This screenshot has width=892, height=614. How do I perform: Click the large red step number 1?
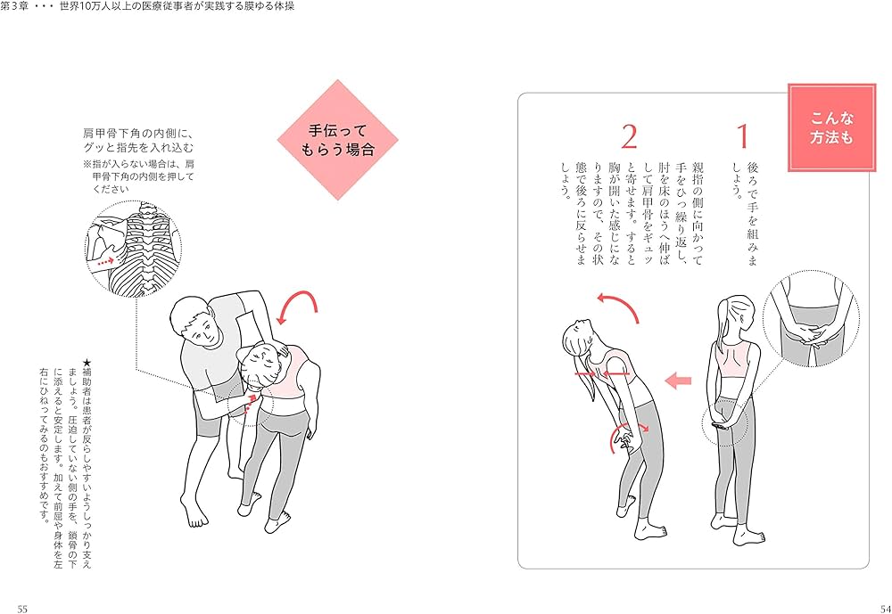coord(742,137)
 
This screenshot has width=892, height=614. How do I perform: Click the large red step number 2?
coord(629,137)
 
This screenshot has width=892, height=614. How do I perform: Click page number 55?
coord(22,608)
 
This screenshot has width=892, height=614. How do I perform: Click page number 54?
coord(871,608)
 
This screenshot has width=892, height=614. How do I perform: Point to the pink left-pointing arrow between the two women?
coord(679,381)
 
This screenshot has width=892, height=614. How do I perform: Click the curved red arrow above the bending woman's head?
coord(619,307)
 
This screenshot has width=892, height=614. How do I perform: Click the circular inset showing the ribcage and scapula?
coord(133,247)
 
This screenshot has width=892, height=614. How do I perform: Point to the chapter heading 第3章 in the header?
coord(19,6)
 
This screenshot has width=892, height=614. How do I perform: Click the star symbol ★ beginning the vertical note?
coord(86,363)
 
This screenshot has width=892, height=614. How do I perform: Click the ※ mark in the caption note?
coord(87,164)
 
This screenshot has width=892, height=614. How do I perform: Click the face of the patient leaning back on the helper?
coord(260,365)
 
